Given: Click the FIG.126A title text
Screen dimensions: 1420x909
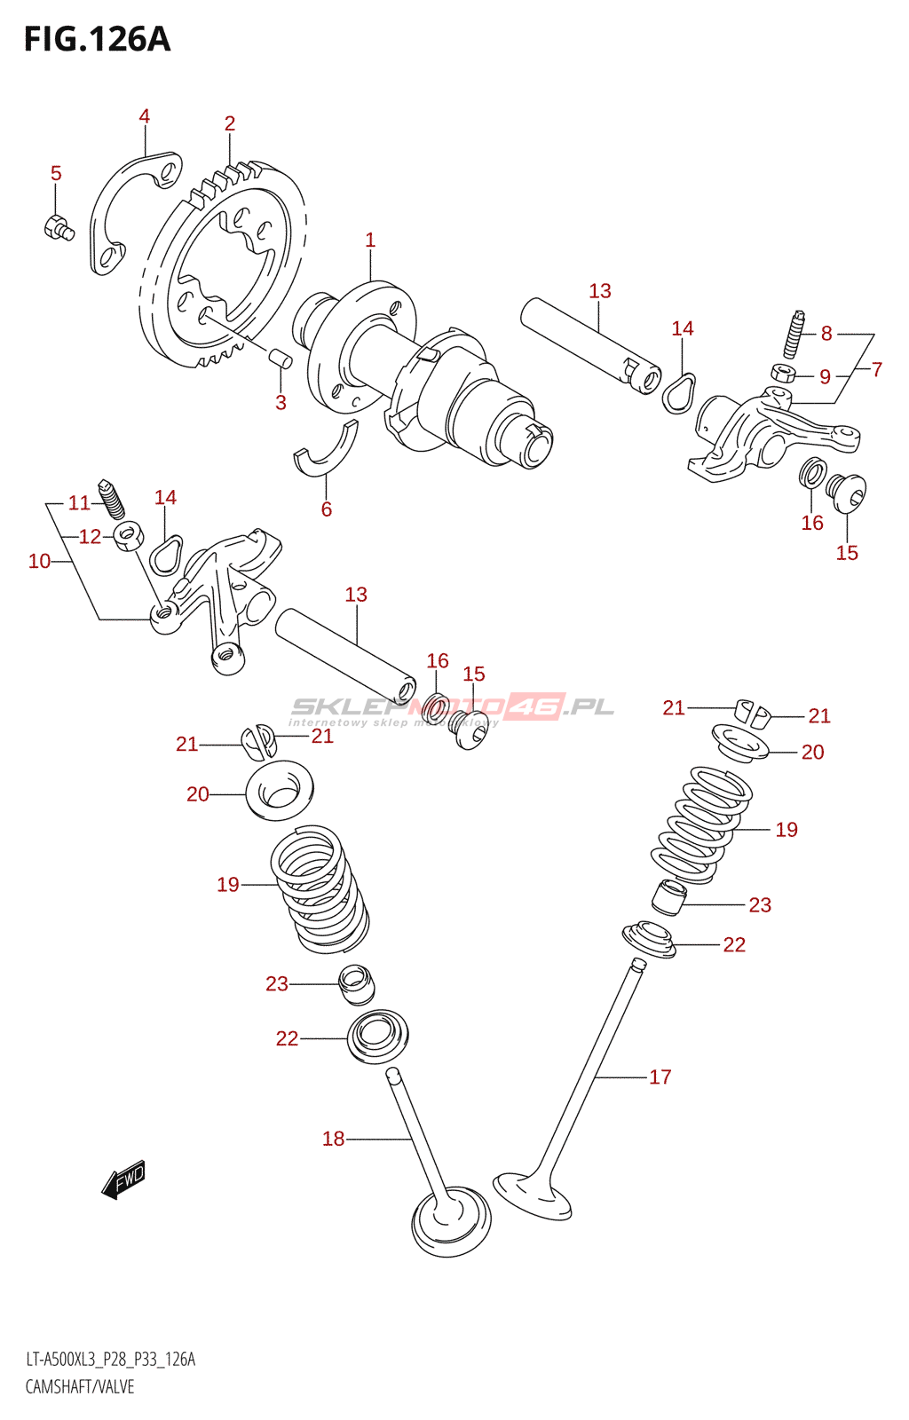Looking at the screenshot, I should (97, 40).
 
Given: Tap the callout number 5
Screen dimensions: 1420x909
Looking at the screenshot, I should (56, 173).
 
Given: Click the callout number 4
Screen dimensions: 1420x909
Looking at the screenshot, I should (144, 116).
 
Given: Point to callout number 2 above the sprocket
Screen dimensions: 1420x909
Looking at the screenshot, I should (229, 123).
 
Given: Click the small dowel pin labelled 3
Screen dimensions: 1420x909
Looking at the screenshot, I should (281, 359).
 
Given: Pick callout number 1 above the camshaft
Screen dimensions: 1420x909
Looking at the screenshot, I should (370, 240).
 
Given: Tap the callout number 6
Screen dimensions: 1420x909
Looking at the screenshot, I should (326, 509).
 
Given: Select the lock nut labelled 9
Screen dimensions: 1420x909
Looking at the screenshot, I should (782, 372).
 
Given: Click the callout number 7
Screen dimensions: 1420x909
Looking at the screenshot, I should (877, 369).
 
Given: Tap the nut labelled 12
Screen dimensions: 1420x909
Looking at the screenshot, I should (130, 535).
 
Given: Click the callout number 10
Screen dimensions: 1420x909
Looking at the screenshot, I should (39, 561).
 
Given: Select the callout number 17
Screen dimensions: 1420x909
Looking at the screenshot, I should (660, 1077).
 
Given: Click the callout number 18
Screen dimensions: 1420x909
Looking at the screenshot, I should (333, 1139).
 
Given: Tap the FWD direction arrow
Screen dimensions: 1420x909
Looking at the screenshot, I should (123, 1179).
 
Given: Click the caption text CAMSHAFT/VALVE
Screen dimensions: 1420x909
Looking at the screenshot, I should (80, 1386).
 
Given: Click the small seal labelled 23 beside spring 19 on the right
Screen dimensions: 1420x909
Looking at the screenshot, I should (668, 896).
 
